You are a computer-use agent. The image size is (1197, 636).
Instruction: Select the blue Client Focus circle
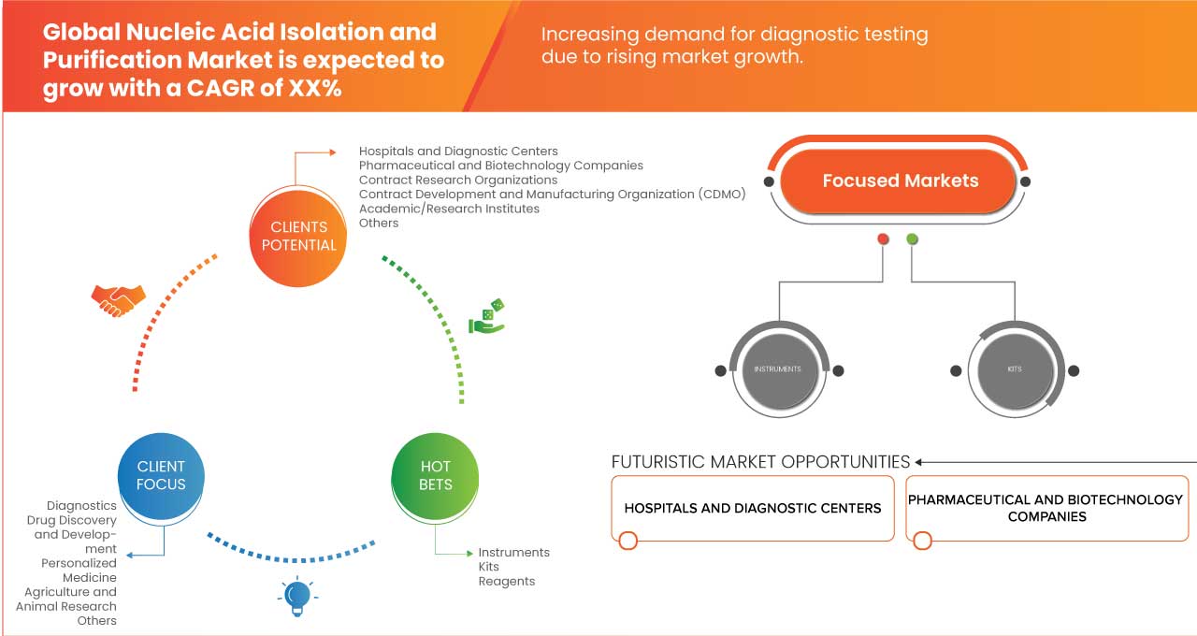click(161, 475)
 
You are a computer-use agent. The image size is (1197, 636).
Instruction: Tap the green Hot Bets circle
click(436, 475)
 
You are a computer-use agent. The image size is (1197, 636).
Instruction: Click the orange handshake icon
click(118, 299)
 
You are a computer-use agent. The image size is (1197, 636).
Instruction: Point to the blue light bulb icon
click(296, 596)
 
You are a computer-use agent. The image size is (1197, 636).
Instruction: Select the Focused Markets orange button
click(900, 181)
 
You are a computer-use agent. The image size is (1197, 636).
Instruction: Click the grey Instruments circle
click(777, 369)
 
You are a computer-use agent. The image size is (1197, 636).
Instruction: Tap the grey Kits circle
click(1015, 369)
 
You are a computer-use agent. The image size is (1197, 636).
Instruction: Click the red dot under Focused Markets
click(883, 239)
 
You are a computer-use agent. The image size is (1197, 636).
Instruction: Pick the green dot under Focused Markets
click(913, 239)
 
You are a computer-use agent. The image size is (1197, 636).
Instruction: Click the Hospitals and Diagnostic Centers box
click(752, 508)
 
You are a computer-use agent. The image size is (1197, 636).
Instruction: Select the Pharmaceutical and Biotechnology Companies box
click(1046, 508)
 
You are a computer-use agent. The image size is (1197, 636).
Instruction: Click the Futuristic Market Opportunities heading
click(760, 462)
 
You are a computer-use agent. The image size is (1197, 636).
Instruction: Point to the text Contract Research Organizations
click(458, 180)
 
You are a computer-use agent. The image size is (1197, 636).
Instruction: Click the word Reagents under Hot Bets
click(507, 581)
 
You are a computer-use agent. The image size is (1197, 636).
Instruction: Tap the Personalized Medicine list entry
click(79, 571)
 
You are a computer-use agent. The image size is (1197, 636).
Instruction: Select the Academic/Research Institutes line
click(449, 209)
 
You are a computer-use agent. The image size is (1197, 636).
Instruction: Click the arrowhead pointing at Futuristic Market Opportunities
click(920, 462)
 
